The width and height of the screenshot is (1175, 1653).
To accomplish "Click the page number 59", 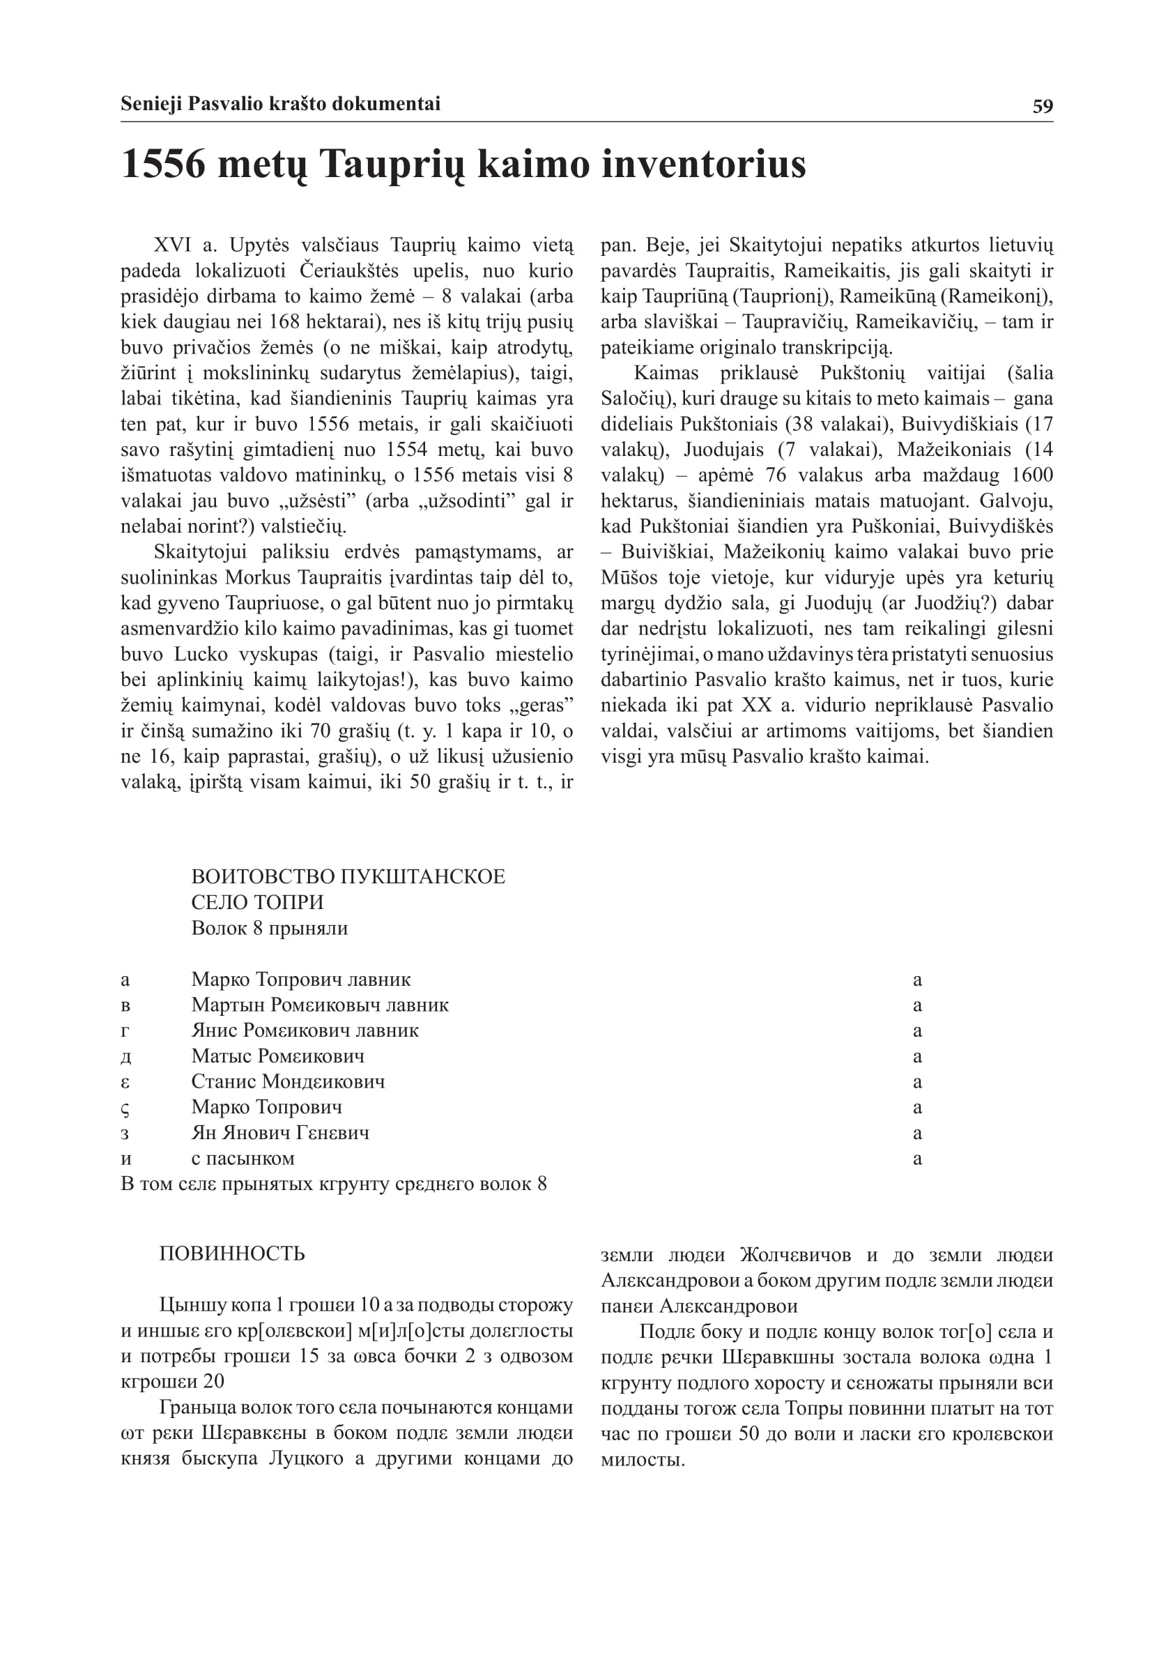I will pos(1043,107).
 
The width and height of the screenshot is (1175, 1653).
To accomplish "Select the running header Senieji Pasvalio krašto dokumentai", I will pos(280,104).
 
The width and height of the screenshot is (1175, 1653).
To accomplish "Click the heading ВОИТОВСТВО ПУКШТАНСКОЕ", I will pos(348,876).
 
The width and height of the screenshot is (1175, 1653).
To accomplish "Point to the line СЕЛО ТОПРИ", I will pos(257,902).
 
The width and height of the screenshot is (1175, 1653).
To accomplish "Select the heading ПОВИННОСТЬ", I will pos(231,1254).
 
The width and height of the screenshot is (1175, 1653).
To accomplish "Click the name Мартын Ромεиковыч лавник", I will pos(319,1005).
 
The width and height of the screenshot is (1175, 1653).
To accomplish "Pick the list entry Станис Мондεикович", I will pos(287,1081).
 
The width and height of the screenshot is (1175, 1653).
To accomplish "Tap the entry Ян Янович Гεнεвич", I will pos(279,1133).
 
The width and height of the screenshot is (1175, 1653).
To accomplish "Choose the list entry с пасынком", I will pos(243,1158).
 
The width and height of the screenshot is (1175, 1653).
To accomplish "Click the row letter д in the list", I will pos(126,1057).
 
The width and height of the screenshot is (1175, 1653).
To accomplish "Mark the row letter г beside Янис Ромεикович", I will pos(125,1030).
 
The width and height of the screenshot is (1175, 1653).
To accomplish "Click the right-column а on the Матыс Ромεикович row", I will pos(917,1057).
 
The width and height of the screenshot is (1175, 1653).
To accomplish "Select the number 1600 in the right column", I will pos(1031,475).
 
